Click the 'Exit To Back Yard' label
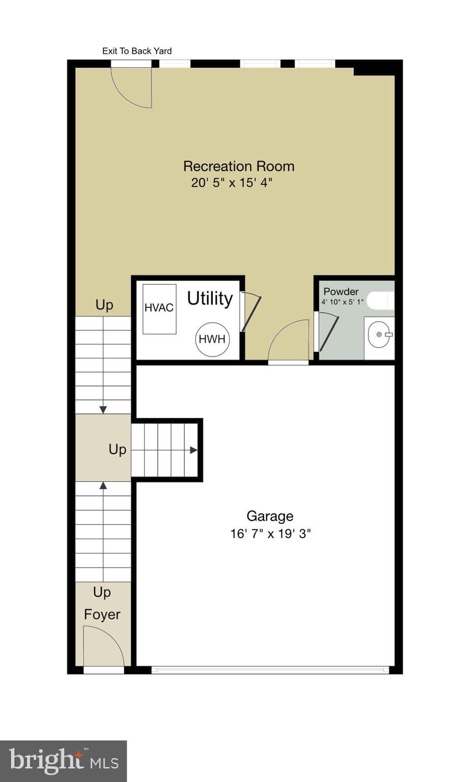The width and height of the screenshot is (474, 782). point(137,51)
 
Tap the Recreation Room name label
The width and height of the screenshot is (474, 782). point(239,166)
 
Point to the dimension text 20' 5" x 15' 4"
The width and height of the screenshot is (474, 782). point(232,183)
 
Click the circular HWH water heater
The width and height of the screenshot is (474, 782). point(212,339)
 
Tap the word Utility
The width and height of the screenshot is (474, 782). point(210,298)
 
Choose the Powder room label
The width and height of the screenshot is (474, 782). point(341,292)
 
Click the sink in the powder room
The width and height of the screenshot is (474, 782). point(379,334)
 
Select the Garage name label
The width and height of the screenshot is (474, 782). point(270,516)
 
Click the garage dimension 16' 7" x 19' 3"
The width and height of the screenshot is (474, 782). point(270,534)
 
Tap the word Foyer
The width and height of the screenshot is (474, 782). point(102,615)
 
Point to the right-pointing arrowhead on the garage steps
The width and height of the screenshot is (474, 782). point(193,450)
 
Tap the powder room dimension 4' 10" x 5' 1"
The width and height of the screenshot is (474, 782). point(342,302)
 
